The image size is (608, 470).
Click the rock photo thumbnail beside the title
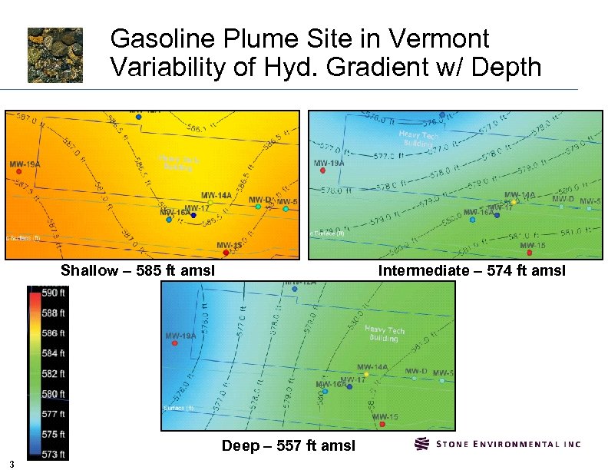click(55, 55)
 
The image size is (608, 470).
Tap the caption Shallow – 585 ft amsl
click(137, 270)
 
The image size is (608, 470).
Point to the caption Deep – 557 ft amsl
click(288, 445)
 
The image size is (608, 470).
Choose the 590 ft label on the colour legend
click(52, 293)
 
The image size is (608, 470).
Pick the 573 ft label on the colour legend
click(52, 454)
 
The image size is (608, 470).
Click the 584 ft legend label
click(52, 353)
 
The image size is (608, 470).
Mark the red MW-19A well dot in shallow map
click(18, 173)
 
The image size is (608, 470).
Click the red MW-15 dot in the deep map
click(382, 425)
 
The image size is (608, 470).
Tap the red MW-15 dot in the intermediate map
click(529, 252)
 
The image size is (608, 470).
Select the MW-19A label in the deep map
click(183, 336)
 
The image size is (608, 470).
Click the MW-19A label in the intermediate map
click(330, 163)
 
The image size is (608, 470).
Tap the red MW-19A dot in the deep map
click(175, 344)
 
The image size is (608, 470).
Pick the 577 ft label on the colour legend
click(52, 414)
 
